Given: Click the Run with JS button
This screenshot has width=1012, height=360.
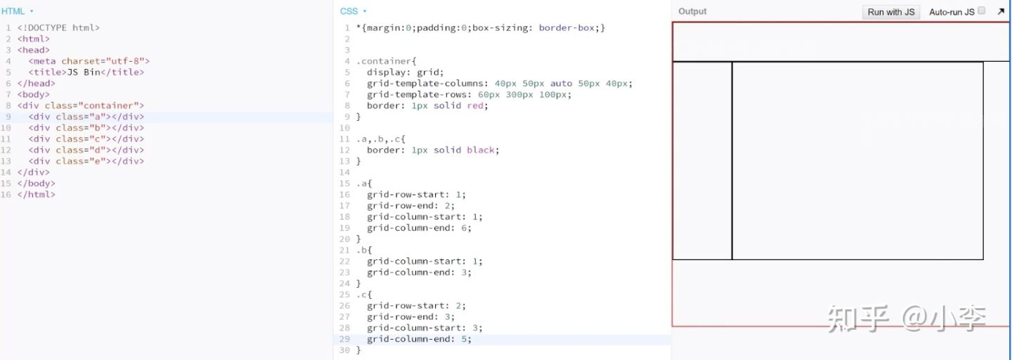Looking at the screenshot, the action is tap(890, 12).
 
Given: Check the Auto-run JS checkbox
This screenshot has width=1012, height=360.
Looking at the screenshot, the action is tap(982, 11).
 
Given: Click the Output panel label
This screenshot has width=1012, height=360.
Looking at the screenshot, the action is tap(692, 11).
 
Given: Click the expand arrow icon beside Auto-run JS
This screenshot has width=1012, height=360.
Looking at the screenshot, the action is tap(1001, 11).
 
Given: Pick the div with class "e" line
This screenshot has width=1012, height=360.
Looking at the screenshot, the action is tap(86, 161).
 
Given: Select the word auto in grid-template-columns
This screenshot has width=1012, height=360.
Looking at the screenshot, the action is tap(561, 84).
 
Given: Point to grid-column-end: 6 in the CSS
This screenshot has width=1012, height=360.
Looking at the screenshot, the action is tap(419, 228).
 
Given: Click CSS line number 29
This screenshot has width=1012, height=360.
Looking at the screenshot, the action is tap(344, 339).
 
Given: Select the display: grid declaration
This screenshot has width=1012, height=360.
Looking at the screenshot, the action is tap(405, 72).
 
